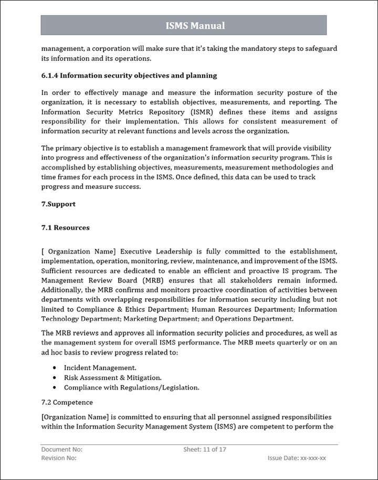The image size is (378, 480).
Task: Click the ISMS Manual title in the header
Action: (x=195, y=25)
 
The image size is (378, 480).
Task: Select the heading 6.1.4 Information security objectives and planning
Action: (x=129, y=76)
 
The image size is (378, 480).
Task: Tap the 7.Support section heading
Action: (x=58, y=204)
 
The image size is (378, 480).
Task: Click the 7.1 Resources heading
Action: (x=65, y=228)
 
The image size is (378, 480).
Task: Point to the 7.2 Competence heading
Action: (x=67, y=402)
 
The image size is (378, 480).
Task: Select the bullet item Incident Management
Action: (x=100, y=368)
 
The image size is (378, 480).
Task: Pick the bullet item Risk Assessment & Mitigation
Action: (x=112, y=378)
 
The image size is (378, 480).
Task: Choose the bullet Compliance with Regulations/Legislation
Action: (x=131, y=388)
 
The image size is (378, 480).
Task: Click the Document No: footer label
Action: (x=61, y=450)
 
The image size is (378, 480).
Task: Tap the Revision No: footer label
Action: (x=59, y=458)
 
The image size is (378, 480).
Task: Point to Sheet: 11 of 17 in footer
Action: (x=205, y=450)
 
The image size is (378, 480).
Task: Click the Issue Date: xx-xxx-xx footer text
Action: (x=297, y=458)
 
